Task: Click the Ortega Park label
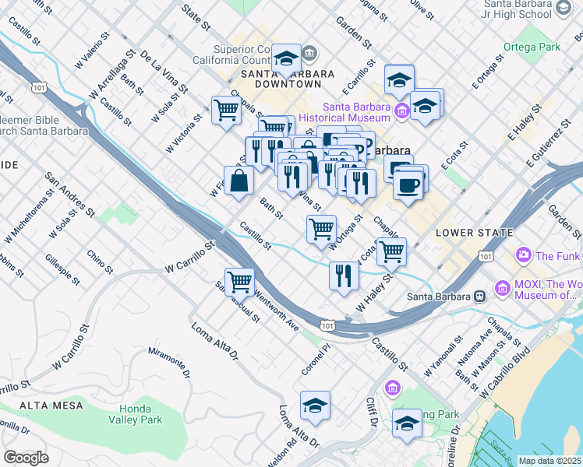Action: (539, 47)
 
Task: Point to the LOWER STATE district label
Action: (474, 233)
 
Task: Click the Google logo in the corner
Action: (26, 458)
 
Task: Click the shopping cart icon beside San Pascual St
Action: (240, 281)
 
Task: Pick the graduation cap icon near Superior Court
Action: (287, 58)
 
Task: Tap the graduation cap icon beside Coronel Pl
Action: (315, 405)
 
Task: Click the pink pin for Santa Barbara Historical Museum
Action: (402, 111)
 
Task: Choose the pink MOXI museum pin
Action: (501, 290)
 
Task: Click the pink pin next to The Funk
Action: (523, 255)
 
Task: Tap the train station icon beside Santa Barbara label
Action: (479, 296)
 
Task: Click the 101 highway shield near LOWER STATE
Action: (486, 255)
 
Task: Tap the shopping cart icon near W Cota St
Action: (391, 251)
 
